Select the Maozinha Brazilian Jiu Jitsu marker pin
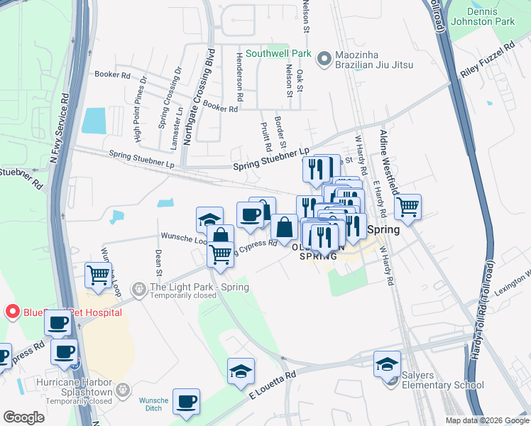click(x=324, y=58)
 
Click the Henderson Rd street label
click(x=240, y=76)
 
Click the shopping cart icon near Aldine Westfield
click(x=407, y=207)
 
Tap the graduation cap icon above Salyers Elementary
click(x=387, y=364)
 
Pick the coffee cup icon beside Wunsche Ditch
click(x=186, y=402)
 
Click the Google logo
click(x=25, y=417)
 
